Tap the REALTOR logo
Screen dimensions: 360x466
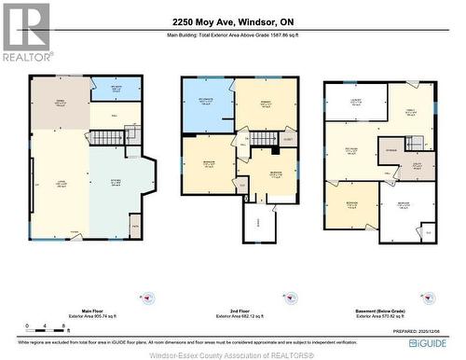point(25,32)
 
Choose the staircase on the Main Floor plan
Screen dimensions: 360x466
point(106,137)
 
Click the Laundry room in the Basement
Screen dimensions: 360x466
point(355,102)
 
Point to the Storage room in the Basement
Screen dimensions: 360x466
point(391,149)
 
